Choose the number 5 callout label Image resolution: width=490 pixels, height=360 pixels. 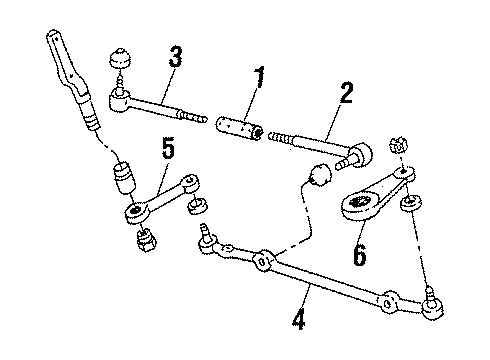pos(169,150)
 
